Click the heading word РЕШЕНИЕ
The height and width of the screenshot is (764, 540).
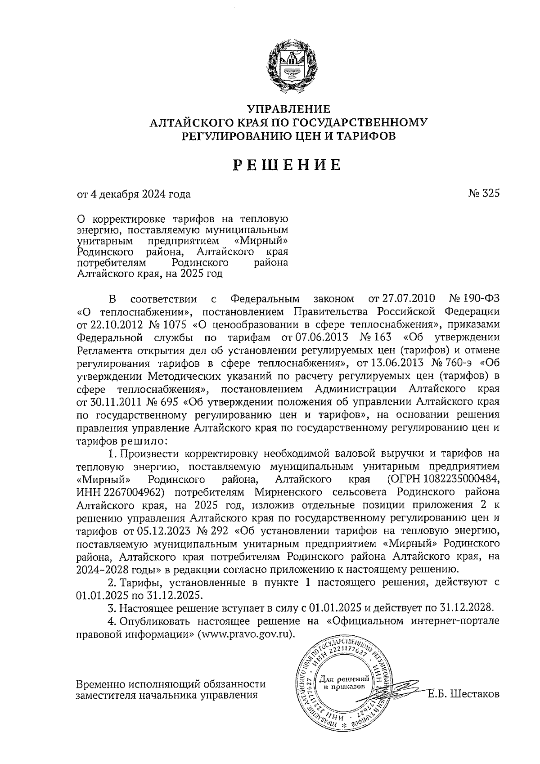tap(288, 166)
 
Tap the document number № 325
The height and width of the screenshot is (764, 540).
tap(484, 194)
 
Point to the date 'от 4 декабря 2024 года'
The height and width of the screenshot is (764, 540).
tap(134, 194)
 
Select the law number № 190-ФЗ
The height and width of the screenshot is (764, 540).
tap(474, 299)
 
